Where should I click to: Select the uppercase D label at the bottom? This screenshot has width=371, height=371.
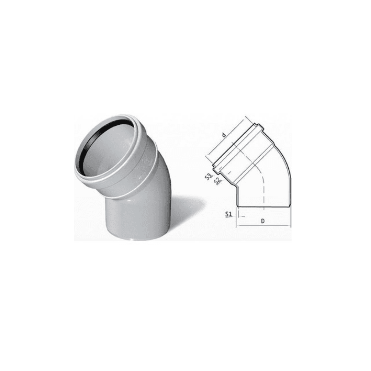coord(263,221)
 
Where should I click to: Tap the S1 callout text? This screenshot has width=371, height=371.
coord(228,214)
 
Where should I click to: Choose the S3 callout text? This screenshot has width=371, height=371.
coord(209,177)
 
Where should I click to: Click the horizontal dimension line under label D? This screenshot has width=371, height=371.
coord(264,226)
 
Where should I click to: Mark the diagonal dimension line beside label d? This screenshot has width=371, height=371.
coord(226,136)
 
